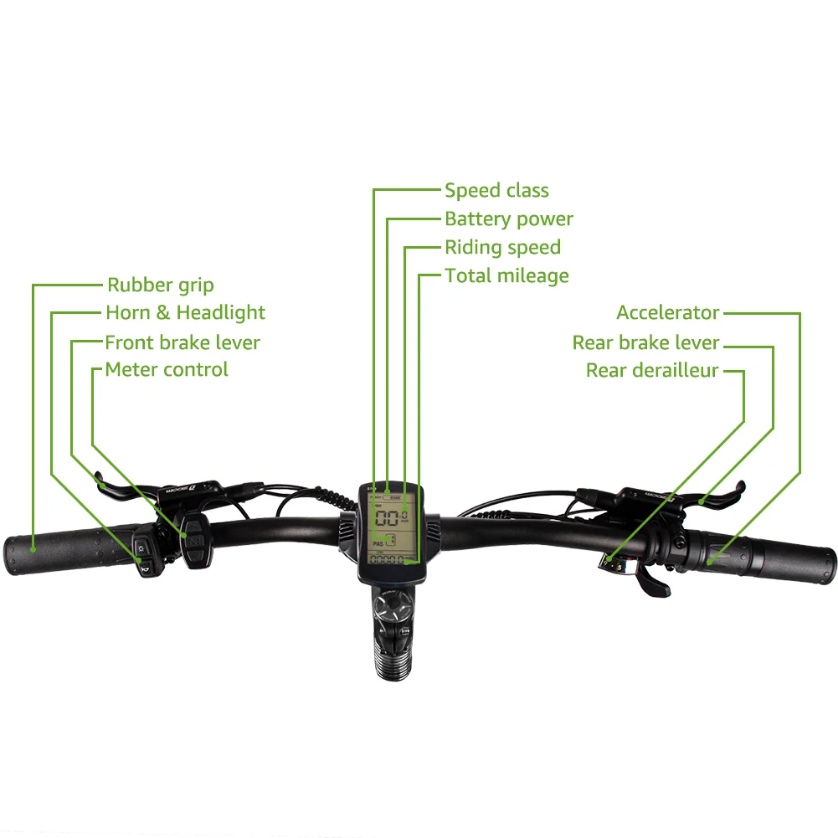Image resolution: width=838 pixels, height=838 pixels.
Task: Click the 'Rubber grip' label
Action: coord(160,285)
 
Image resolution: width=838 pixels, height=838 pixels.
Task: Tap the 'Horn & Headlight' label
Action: coord(185,313)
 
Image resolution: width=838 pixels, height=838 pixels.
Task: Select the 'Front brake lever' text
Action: coord(182,342)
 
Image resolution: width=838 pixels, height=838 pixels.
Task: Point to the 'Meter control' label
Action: coord(166,369)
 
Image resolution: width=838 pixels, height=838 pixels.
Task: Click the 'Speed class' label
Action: coord(496,191)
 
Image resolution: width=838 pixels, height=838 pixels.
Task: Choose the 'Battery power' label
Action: coord(508,219)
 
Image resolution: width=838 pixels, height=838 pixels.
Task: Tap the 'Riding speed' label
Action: coord(502,248)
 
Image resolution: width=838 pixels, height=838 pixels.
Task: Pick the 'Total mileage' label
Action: coord(506,276)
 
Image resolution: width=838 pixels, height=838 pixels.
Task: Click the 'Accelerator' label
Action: coord(667,313)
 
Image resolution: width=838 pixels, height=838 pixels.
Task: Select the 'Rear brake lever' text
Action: coord(645,342)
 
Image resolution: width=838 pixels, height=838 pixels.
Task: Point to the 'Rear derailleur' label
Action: coord(652,371)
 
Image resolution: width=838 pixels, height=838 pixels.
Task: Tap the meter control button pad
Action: coord(195,540)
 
